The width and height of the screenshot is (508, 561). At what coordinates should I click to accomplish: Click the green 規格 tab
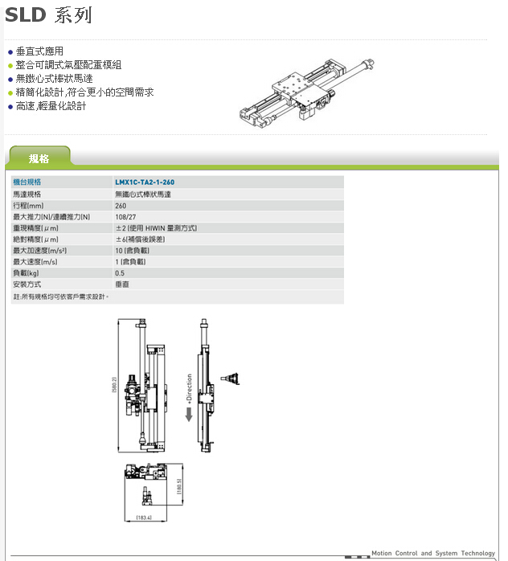[39, 158]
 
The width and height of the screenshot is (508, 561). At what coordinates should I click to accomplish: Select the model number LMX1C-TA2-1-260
[145, 182]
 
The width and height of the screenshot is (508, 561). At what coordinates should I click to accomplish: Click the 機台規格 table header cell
[27, 182]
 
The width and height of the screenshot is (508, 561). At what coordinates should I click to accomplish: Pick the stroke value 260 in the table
[121, 206]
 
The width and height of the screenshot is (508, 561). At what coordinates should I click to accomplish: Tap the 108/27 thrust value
[125, 217]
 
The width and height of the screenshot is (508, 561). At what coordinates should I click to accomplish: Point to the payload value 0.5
[120, 273]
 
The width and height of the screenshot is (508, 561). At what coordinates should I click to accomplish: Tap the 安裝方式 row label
[27, 285]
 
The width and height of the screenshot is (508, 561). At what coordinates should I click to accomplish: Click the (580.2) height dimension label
[115, 386]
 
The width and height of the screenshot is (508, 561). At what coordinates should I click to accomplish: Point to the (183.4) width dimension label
[144, 518]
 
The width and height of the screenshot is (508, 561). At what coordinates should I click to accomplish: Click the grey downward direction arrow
[189, 415]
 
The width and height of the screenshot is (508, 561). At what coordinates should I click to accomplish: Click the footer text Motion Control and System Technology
[432, 553]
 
